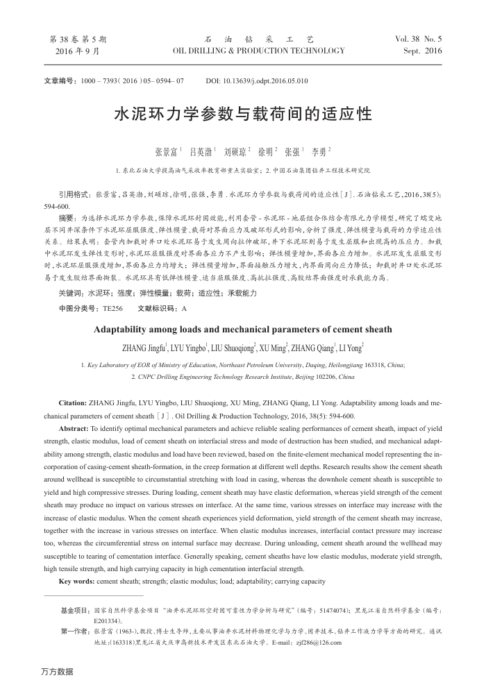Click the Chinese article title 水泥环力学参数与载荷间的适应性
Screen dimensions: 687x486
(x=242, y=114)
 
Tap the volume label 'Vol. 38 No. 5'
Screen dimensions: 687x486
(x=418, y=40)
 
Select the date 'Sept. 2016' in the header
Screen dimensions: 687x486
(x=422, y=51)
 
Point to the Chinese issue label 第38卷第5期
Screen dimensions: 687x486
(x=78, y=40)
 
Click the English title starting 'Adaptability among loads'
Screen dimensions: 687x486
(x=242, y=330)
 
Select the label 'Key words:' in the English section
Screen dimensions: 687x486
(x=77, y=581)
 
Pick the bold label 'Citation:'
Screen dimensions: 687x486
(x=73, y=402)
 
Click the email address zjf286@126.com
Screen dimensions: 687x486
(x=319, y=643)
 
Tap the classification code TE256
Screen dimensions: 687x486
(x=112, y=307)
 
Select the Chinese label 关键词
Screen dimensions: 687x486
(x=72, y=294)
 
